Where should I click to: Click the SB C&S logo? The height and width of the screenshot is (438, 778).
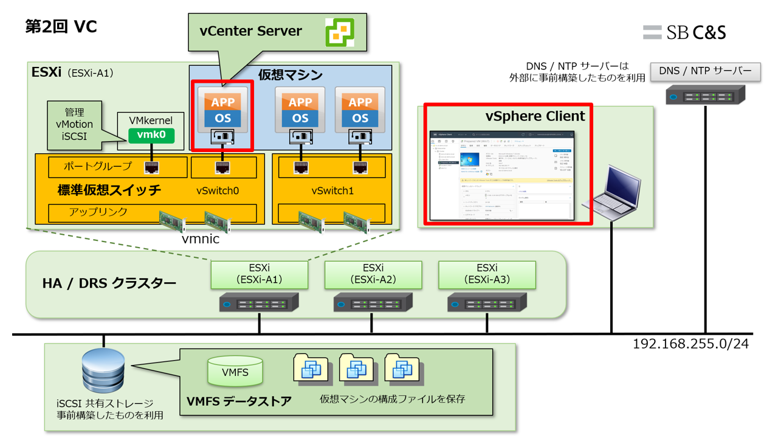point(684,32)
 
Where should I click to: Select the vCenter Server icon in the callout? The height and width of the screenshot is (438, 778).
point(339,32)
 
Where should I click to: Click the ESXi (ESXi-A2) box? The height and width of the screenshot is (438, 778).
point(373,275)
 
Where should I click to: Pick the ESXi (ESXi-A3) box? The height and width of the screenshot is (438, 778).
point(487,275)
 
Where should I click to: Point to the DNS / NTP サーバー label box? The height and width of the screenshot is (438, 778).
point(705,71)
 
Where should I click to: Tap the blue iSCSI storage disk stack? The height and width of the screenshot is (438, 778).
point(103,370)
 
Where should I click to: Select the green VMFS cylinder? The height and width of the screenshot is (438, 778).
point(235,371)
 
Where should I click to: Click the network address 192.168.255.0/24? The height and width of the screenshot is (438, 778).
point(690,344)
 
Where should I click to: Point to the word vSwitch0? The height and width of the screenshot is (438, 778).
point(218,191)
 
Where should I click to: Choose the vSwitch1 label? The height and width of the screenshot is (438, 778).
point(332,191)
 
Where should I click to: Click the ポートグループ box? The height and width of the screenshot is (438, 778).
point(117,167)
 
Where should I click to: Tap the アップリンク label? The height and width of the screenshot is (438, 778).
point(98,212)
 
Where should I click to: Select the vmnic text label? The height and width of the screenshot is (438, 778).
point(201,239)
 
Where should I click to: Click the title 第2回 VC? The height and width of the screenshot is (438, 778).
point(61,27)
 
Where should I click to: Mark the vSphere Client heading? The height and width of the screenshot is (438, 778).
point(535,116)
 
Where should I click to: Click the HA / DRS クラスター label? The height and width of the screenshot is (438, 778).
point(109,283)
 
